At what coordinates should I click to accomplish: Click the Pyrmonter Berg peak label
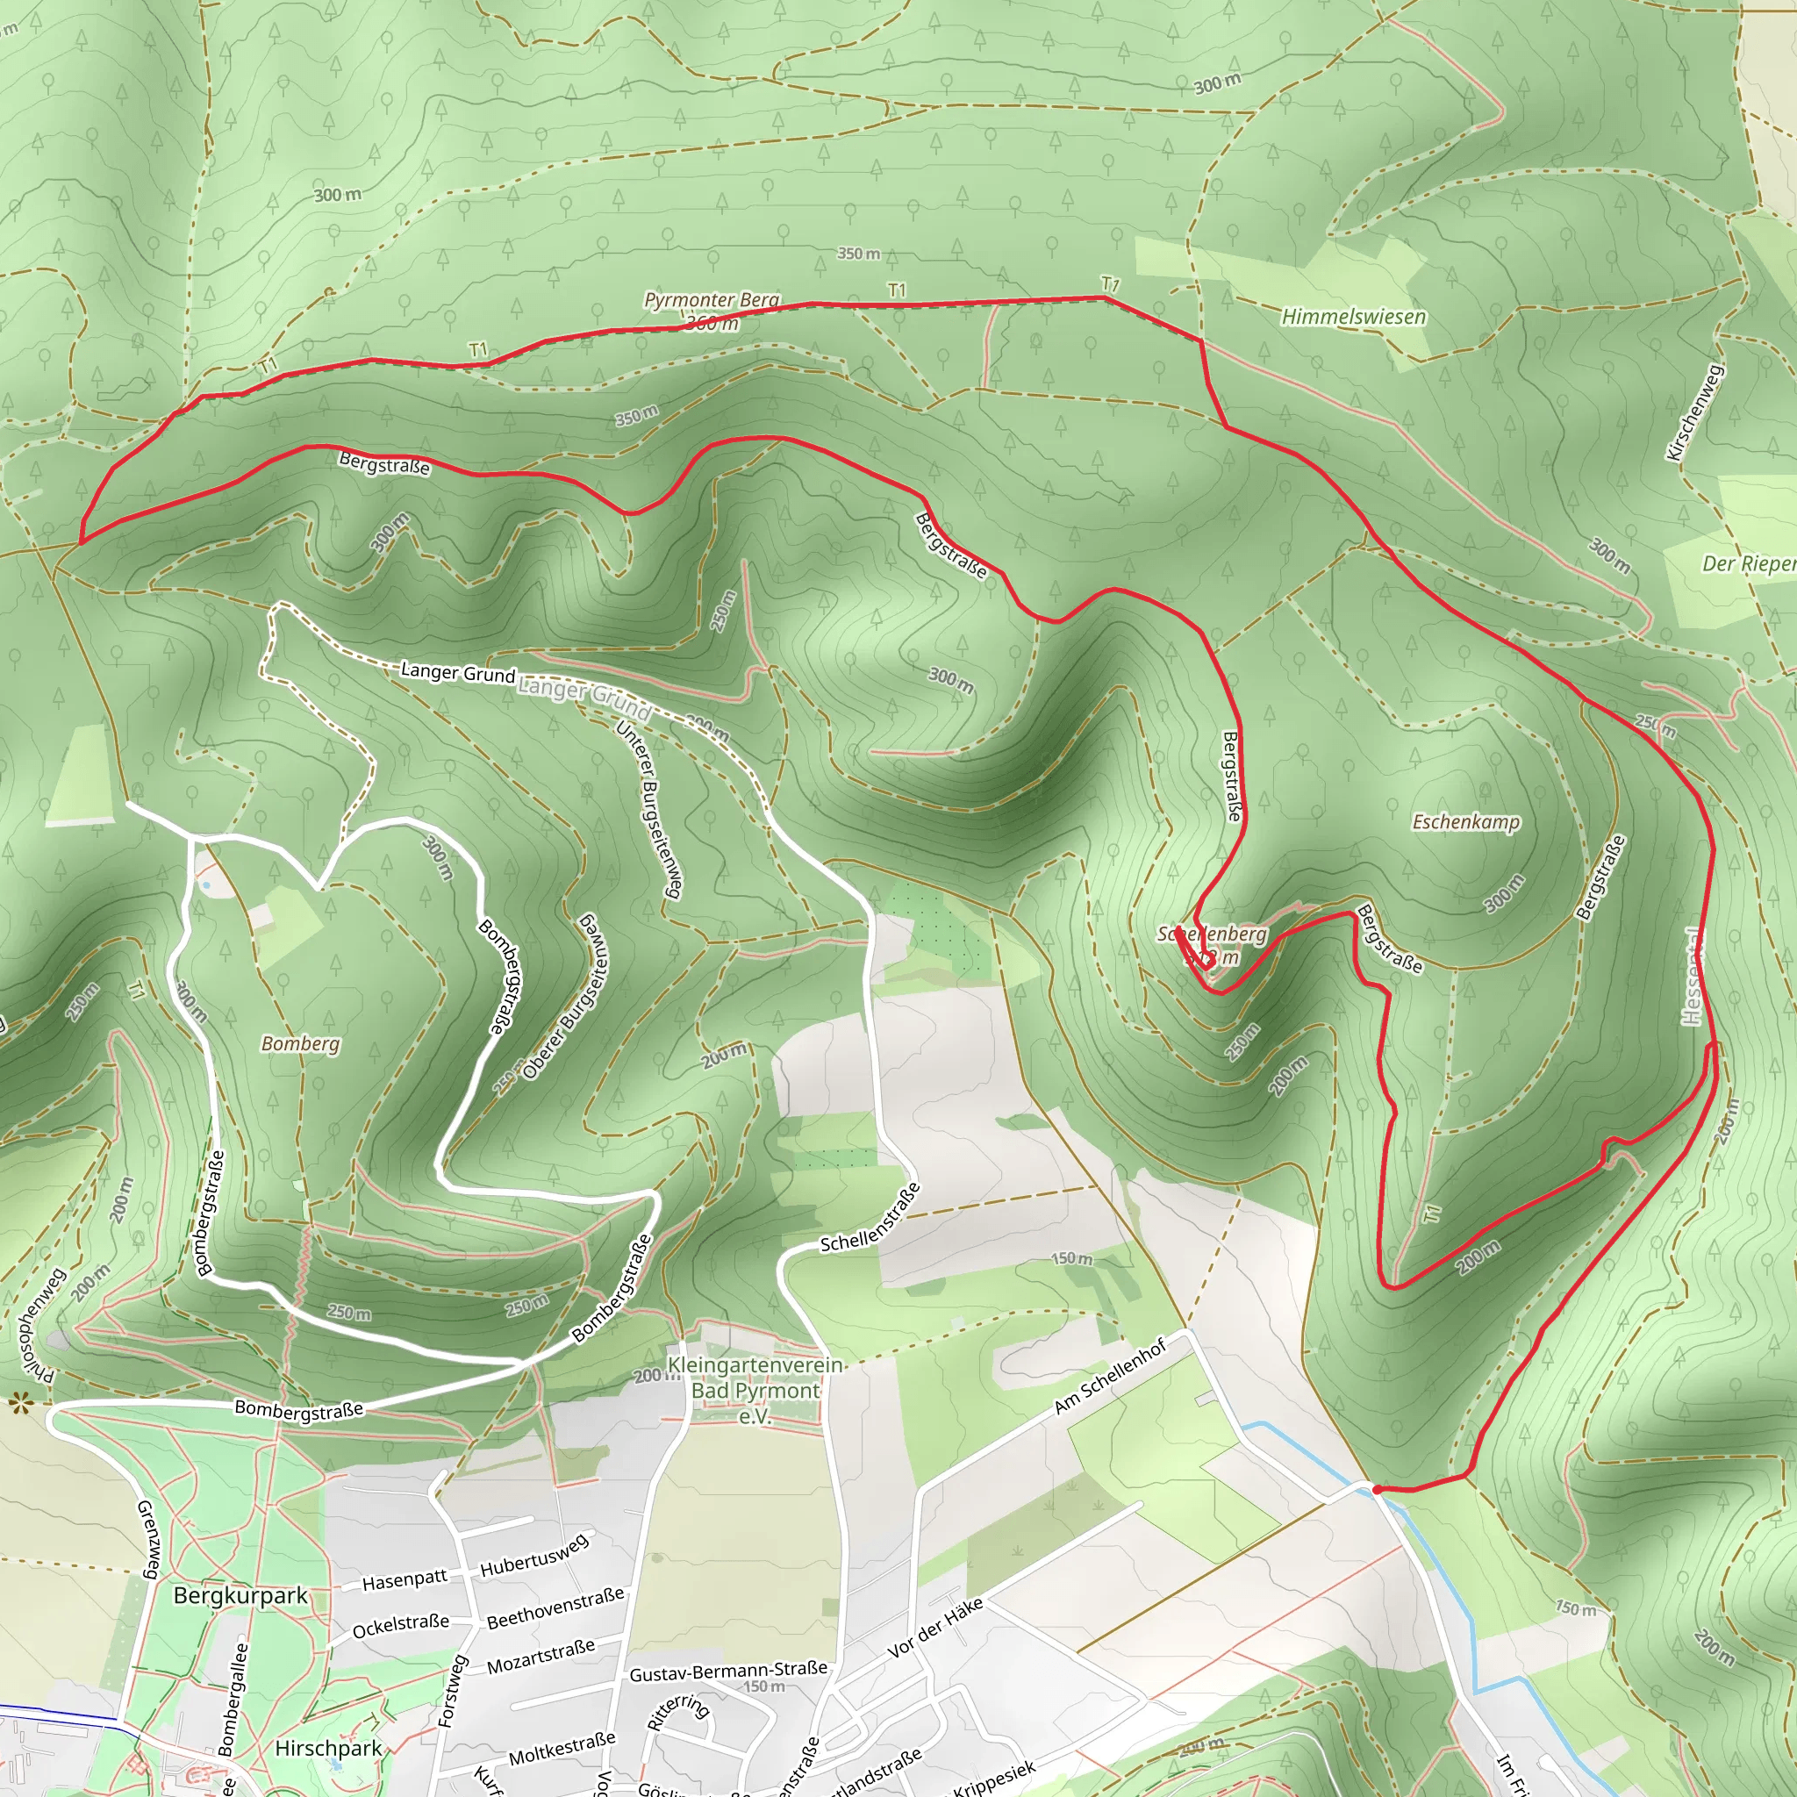tap(712, 300)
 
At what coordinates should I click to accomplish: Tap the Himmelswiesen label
tap(1353, 317)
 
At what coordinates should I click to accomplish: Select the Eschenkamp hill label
tap(1466, 822)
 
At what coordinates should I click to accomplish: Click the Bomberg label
tap(300, 1043)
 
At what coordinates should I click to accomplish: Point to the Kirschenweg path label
tap(1694, 412)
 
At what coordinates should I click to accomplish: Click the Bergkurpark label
tap(240, 1596)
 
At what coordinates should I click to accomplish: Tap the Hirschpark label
tap(328, 1749)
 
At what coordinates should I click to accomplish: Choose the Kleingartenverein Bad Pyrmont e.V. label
tap(755, 1391)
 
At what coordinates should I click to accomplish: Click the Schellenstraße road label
tap(870, 1218)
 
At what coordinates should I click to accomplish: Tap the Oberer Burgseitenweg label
tap(567, 996)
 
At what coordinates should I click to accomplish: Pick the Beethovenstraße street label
tap(555, 1609)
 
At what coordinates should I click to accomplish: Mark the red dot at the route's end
tap(1377, 1490)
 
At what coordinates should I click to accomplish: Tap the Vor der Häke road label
tap(934, 1629)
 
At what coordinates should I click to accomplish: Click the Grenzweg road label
tap(148, 1539)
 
